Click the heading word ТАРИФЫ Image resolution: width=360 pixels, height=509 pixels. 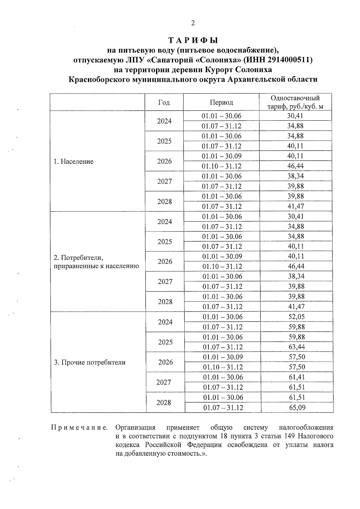coord(193,40)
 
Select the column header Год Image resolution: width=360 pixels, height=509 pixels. coord(164,103)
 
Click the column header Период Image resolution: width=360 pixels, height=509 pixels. coord(221,103)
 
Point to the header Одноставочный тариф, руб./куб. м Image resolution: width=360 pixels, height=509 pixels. coord(295,102)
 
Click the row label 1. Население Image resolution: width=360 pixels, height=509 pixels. coord(73,161)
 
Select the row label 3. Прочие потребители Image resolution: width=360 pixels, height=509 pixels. coord(90,362)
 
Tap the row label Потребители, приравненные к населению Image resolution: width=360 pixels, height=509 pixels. coord(96,262)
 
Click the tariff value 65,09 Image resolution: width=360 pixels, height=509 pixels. coord(297,408)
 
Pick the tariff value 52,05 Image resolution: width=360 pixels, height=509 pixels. coord(296,317)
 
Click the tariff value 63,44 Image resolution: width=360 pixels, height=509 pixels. coord(296,347)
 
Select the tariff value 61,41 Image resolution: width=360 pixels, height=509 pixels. coord(297,377)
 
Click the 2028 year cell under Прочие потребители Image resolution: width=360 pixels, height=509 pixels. coord(164,403)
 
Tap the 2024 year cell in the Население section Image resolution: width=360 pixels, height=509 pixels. coord(164,121)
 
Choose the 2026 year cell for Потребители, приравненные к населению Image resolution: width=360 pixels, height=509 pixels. coord(165,262)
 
